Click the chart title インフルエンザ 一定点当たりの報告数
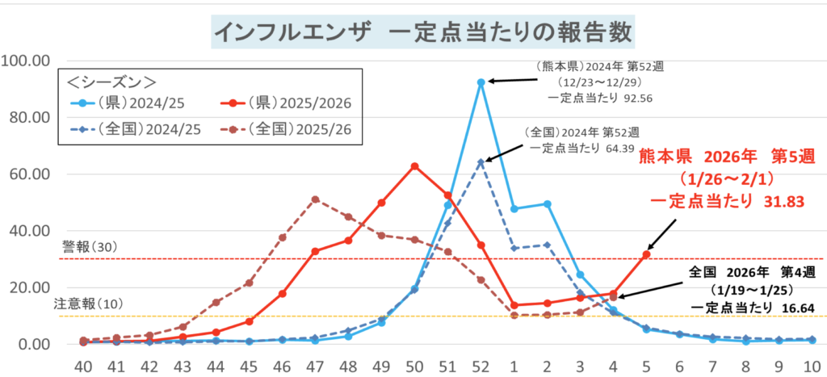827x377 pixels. coord(422,33)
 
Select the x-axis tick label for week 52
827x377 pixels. coord(481,365)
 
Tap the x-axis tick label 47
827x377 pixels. coord(315,365)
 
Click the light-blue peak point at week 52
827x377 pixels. coord(481,82)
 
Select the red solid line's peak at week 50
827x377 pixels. coord(414,166)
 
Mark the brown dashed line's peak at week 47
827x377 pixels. coord(315,199)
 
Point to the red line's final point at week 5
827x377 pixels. coord(646,254)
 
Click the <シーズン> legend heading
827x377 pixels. coord(112,81)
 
